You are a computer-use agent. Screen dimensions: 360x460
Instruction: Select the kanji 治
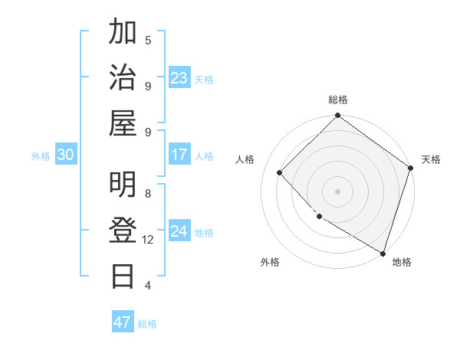click(123, 77)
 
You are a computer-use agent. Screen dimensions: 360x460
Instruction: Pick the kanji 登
click(123, 231)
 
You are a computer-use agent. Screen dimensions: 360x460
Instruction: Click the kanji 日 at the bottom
click(123, 275)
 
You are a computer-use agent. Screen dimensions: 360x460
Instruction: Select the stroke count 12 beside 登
click(148, 240)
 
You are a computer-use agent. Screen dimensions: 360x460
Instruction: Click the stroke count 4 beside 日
click(148, 286)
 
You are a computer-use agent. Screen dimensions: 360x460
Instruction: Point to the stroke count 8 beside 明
click(148, 194)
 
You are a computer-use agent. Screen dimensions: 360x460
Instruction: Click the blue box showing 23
click(179, 78)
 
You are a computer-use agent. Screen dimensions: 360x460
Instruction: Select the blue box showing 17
click(179, 155)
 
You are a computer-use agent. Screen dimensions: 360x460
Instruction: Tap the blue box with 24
click(179, 231)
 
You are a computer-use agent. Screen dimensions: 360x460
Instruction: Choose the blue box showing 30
click(66, 155)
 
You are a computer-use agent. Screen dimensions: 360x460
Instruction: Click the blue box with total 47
click(123, 322)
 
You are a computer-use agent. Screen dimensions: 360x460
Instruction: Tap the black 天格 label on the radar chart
click(431, 159)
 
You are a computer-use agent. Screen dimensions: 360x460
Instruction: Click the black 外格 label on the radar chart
click(270, 262)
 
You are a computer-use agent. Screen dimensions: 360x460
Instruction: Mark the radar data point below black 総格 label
click(337, 116)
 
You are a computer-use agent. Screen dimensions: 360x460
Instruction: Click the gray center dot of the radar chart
click(337, 191)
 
